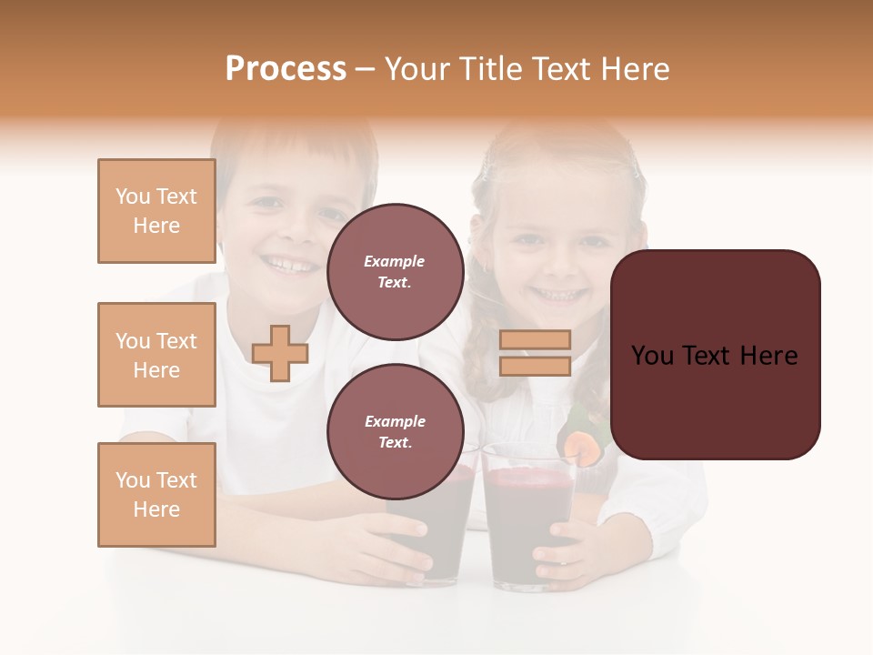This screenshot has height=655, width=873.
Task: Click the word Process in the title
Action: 286,69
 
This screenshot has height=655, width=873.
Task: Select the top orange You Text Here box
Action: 156,211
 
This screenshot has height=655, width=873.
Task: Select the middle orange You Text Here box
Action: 156,355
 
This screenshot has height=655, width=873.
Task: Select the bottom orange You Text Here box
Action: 156,495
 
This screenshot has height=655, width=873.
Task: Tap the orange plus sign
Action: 280,353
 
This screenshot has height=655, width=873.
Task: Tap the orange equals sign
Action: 535,353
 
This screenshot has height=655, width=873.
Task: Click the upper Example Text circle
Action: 395,271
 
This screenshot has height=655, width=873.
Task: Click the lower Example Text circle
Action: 395,431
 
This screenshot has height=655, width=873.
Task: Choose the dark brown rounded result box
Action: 715,355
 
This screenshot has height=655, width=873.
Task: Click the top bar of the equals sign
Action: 535,339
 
